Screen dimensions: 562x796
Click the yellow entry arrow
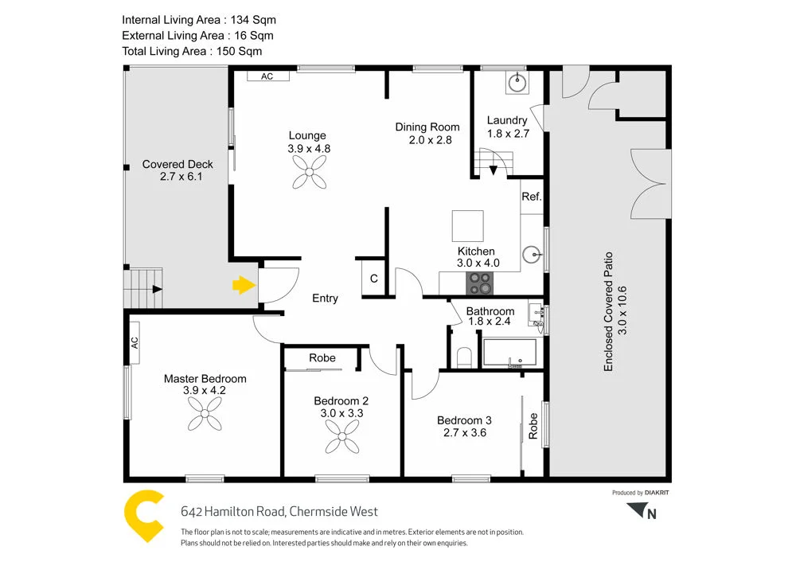click(x=243, y=285)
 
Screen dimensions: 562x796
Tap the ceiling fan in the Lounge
click(x=309, y=171)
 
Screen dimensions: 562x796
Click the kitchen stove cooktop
click(x=479, y=282)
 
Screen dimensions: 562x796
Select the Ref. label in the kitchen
click(x=532, y=197)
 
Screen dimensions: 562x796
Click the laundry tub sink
click(x=518, y=80)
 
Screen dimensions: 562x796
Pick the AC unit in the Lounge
click(x=267, y=76)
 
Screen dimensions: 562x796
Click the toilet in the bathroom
click(x=466, y=357)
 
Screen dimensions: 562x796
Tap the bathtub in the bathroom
click(x=510, y=353)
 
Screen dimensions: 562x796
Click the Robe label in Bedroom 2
click(x=322, y=358)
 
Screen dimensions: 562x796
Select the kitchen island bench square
click(x=467, y=225)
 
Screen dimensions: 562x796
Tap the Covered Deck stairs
click(x=144, y=289)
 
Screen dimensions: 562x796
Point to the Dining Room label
click(x=427, y=127)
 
